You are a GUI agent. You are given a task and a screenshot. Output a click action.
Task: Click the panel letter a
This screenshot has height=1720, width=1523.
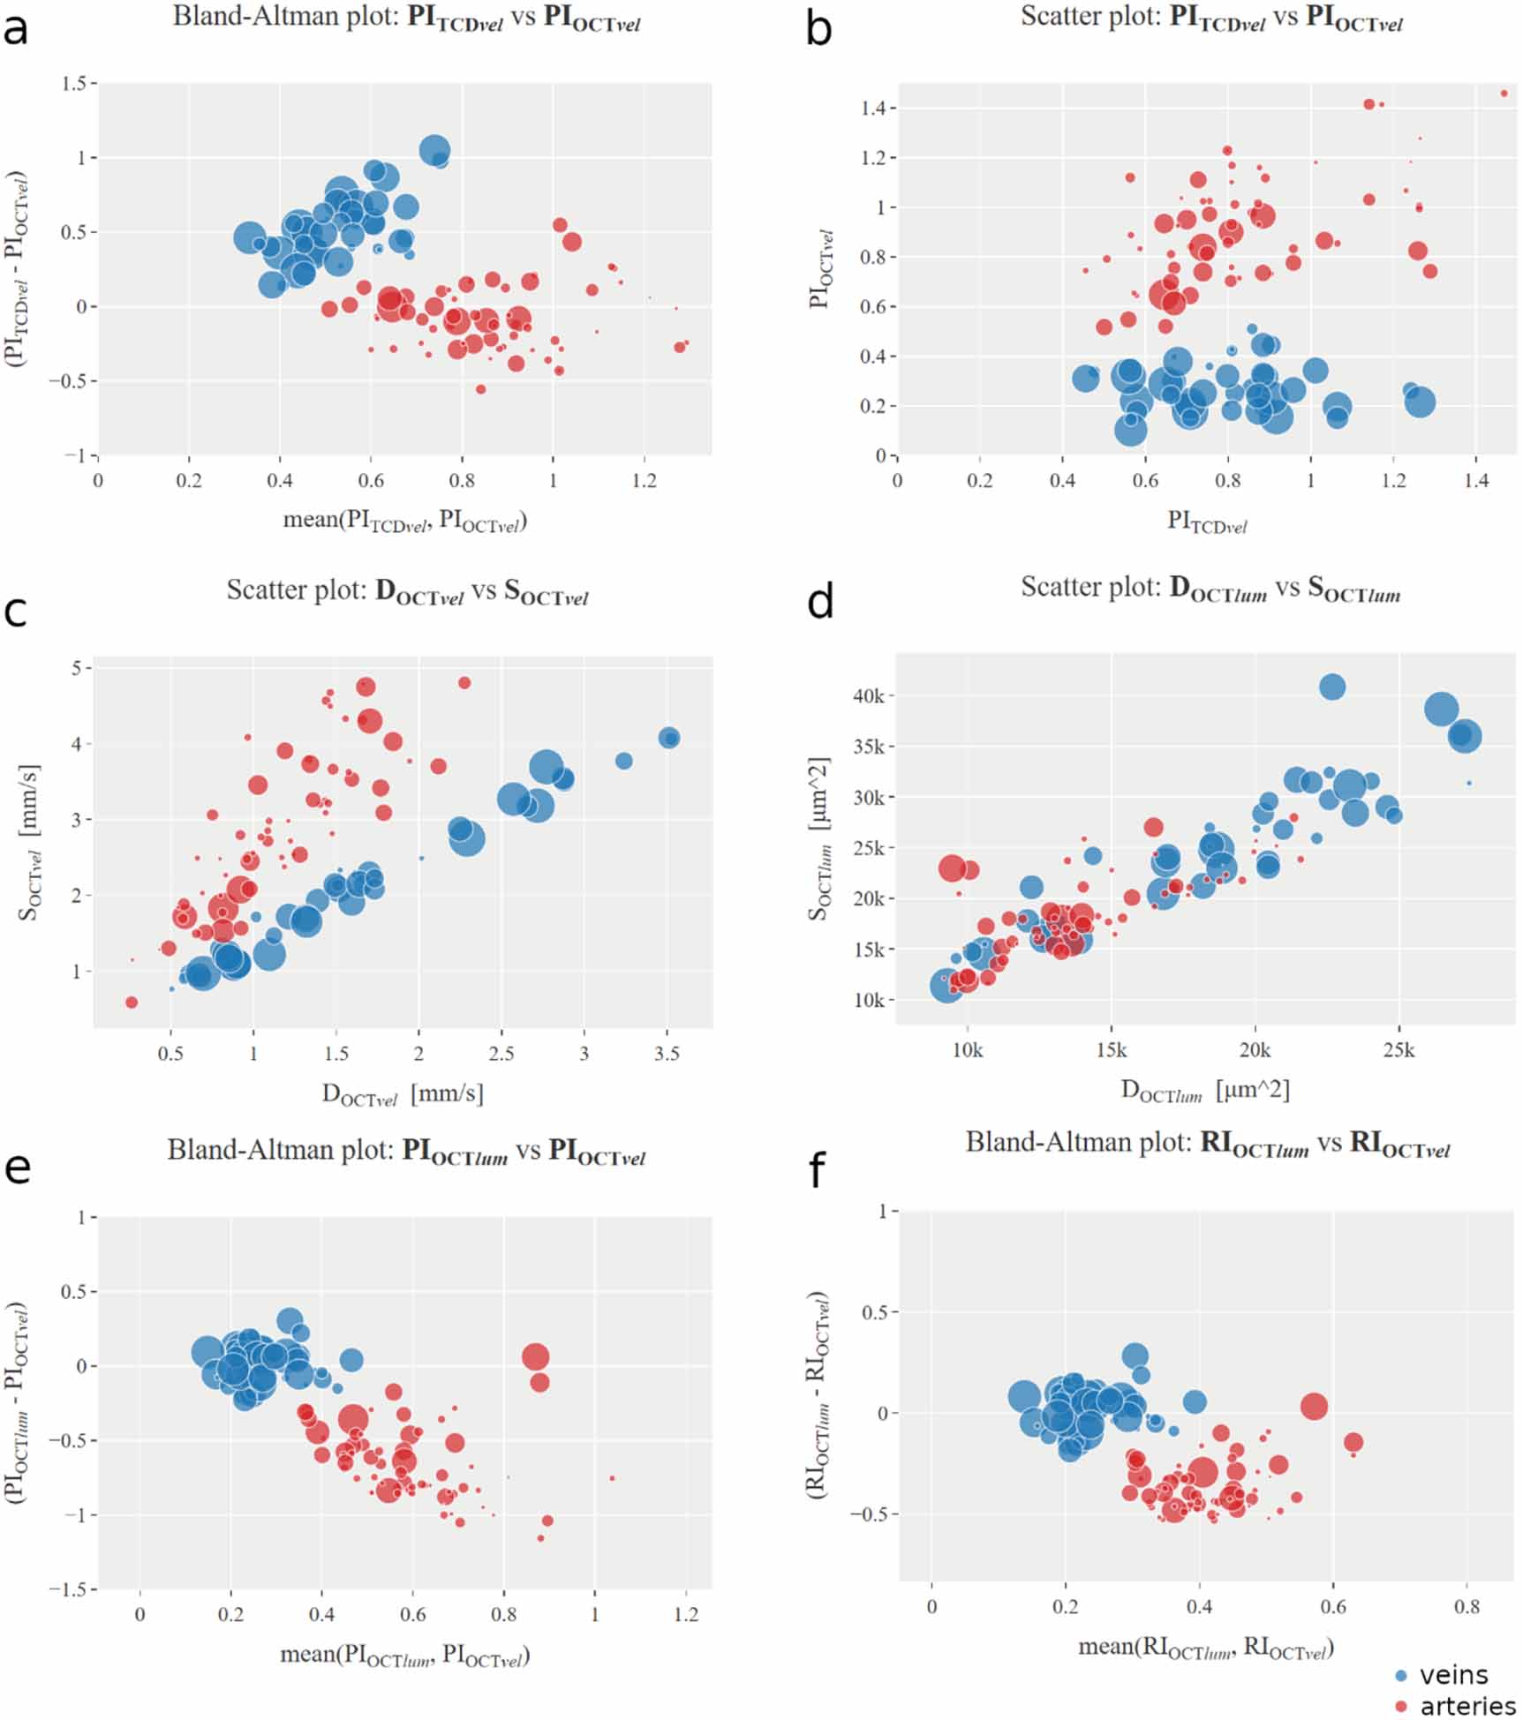[16, 29]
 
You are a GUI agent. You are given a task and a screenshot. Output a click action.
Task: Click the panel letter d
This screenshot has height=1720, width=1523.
[820, 603]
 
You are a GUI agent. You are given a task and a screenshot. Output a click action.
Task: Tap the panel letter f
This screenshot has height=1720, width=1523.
[818, 1170]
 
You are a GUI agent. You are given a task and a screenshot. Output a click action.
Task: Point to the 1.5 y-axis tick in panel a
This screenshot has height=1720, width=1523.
[74, 83]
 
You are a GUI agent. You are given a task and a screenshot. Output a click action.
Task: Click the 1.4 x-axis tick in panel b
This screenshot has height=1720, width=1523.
[1476, 480]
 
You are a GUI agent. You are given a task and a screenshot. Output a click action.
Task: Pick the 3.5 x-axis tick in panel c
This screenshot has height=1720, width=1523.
[667, 1053]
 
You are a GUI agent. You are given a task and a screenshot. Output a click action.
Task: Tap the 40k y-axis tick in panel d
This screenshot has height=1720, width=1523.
[869, 695]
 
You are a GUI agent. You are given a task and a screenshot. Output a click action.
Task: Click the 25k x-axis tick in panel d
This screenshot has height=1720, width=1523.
[1399, 1050]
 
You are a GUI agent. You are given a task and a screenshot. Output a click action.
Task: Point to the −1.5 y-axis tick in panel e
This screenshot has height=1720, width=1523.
[67, 1589]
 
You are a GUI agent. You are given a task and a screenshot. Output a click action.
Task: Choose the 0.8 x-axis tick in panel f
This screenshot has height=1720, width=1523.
[1467, 1606]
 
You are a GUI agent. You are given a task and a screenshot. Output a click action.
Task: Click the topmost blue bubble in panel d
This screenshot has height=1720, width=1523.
[1332, 687]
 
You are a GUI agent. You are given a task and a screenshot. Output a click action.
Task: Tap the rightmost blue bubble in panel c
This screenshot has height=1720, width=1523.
[669, 738]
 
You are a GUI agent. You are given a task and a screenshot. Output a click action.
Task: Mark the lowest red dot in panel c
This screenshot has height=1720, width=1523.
[132, 1003]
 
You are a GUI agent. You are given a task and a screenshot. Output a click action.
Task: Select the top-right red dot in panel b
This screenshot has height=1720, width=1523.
[1504, 94]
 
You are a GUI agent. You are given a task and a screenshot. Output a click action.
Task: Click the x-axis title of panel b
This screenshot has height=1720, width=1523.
[1207, 522]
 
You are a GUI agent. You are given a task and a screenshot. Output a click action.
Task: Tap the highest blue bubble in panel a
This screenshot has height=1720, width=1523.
[434, 151]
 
